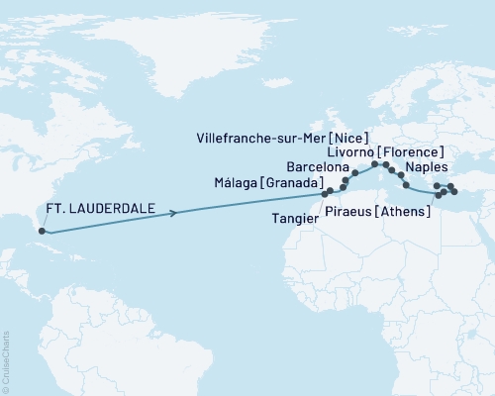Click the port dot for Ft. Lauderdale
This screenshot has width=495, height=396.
(42, 232)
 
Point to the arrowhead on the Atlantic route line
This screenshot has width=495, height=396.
(174, 212)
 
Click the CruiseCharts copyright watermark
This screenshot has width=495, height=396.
(6, 360)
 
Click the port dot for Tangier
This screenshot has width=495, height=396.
(324, 193)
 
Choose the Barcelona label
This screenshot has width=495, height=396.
(316, 168)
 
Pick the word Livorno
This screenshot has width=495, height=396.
(348, 152)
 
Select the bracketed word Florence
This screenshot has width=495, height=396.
(410, 152)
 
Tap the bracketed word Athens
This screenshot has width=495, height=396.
(406, 209)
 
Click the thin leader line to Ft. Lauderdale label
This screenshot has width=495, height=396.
(36, 223)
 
